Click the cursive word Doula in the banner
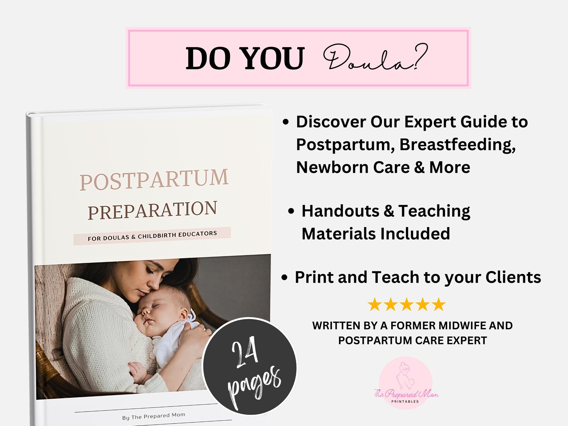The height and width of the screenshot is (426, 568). click(375, 58)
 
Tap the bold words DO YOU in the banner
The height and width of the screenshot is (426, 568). click(245, 58)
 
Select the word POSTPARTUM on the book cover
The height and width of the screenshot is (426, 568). click(154, 180)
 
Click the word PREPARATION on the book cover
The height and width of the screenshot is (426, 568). click(152, 210)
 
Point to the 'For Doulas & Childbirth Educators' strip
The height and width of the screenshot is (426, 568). click(152, 236)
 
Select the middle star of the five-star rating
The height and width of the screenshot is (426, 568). click(407, 305)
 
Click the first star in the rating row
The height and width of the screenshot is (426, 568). click(374, 305)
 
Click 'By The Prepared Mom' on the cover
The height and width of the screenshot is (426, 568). click(154, 416)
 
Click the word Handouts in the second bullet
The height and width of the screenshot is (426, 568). click(340, 211)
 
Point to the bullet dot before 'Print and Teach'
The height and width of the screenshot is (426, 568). click(285, 278)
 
